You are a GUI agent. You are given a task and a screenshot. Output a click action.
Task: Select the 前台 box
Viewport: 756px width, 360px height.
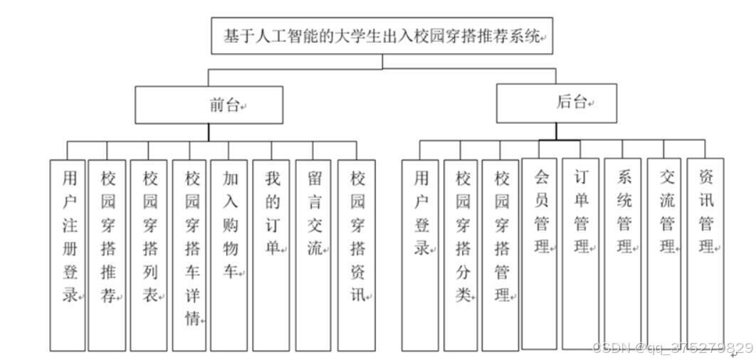209,105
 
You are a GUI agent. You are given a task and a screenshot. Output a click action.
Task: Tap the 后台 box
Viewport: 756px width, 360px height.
556,103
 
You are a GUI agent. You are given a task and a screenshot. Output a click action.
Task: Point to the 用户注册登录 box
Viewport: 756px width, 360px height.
68,255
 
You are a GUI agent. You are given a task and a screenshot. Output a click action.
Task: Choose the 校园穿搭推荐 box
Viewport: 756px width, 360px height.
107,255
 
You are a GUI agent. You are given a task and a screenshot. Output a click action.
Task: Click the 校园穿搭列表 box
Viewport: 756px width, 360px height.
149,255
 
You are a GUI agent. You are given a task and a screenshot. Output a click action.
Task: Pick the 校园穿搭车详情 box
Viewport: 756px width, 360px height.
189,255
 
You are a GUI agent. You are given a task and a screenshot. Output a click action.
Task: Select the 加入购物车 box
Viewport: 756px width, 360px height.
229,255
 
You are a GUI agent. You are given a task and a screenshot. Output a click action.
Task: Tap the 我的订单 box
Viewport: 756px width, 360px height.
271,255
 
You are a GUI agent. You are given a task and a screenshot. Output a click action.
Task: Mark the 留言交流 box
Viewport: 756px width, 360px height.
313,255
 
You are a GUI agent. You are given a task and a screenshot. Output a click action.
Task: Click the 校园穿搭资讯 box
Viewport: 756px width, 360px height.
357,255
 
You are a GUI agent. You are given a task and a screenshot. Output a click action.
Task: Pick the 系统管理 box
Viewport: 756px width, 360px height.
623,253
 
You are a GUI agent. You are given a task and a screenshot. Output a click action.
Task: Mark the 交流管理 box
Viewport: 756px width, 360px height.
664,253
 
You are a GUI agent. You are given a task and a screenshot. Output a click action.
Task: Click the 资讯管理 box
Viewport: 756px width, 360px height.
705,253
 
